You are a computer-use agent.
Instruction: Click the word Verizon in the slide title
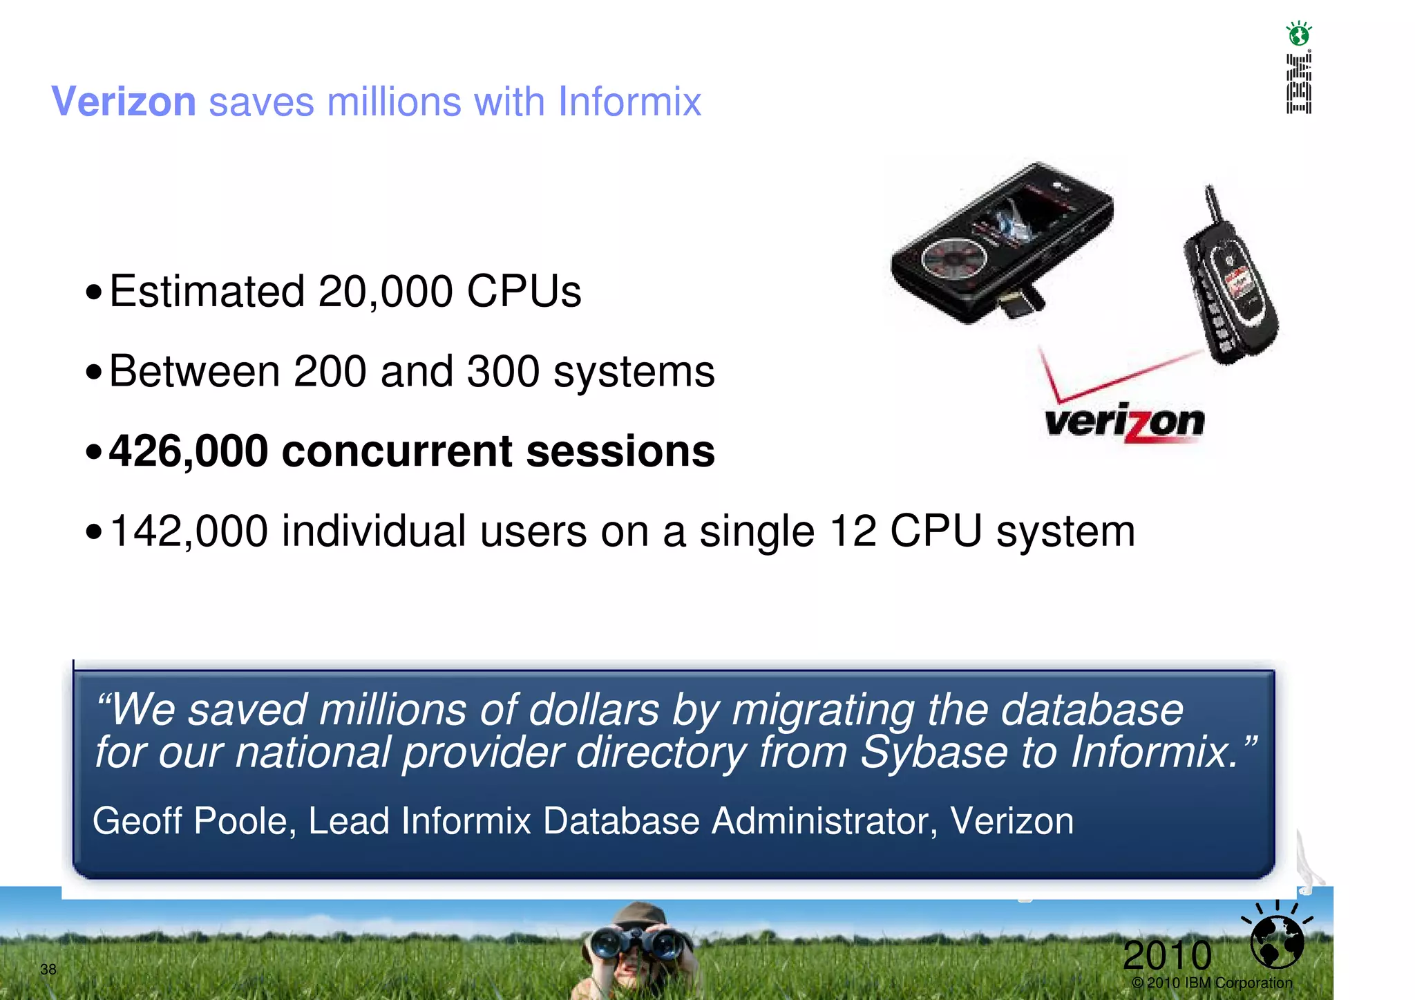(124, 102)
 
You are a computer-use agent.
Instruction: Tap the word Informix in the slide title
(629, 102)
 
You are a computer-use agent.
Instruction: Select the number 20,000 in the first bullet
(385, 291)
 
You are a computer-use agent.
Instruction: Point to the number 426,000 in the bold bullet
(189, 451)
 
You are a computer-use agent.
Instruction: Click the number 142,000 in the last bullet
(189, 531)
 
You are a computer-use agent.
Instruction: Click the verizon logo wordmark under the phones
(1125, 422)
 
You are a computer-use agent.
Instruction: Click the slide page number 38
(48, 969)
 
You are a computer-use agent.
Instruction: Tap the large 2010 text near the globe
(1167, 955)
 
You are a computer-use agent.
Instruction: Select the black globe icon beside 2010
(1278, 941)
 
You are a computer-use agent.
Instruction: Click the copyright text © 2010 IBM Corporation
(1212, 983)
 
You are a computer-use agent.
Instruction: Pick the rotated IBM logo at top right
(1299, 84)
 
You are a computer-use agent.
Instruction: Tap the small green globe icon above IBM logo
(1299, 33)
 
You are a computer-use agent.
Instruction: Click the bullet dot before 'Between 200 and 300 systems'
(94, 373)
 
